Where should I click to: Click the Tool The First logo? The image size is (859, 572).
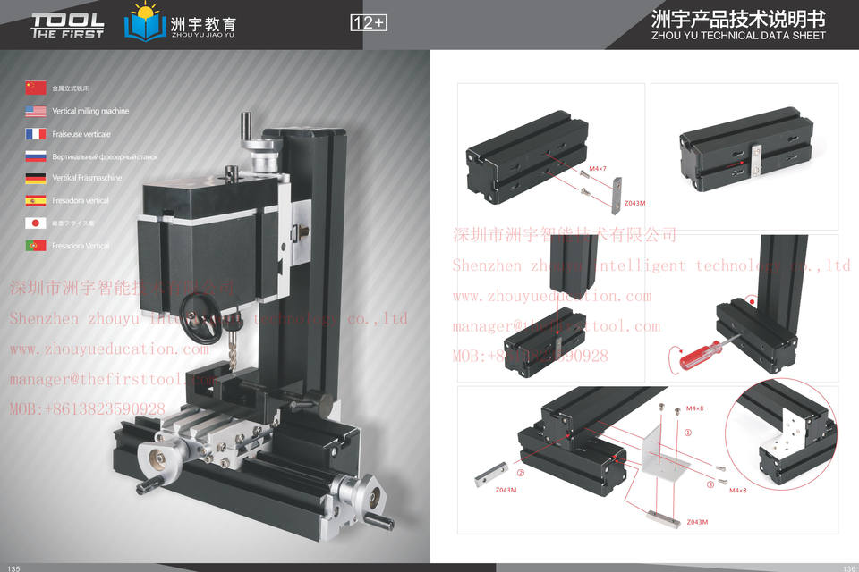[67, 25]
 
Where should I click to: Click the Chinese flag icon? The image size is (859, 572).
[36, 88]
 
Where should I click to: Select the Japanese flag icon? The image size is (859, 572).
[36, 223]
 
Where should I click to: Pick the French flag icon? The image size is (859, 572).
[36, 133]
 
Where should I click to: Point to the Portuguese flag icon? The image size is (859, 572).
[36, 245]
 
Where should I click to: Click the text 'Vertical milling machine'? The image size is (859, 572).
[90, 111]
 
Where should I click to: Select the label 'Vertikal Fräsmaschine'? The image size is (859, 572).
[87, 178]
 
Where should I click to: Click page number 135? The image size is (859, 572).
[13, 568]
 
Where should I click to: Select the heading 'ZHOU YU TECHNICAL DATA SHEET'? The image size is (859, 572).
[739, 37]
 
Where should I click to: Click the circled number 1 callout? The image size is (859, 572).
[687, 432]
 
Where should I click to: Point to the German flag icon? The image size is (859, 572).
[36, 178]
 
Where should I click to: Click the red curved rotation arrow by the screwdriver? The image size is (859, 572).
[672, 361]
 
